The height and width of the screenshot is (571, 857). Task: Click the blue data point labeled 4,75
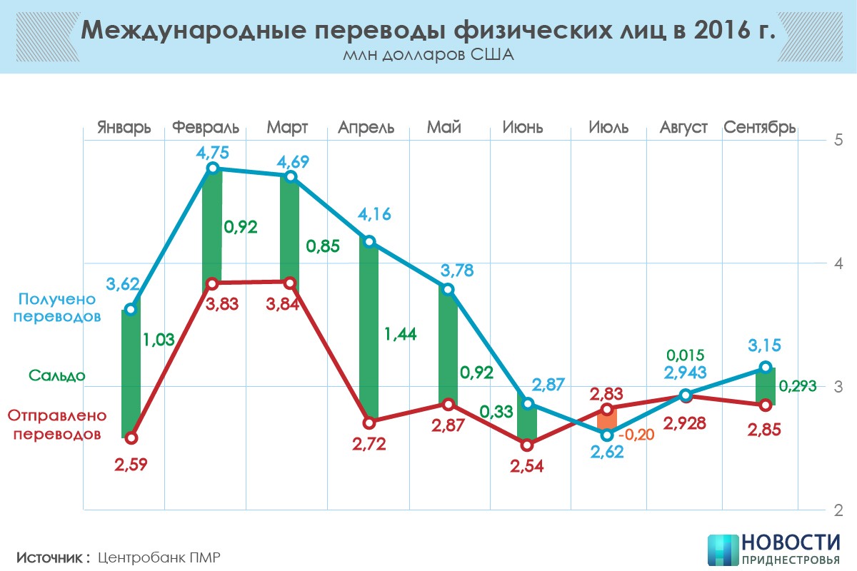pos(212,168)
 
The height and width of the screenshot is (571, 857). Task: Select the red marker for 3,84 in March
pos(290,283)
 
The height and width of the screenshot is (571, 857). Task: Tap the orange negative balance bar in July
pos(607,421)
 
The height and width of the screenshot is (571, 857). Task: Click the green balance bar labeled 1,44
pos(369,332)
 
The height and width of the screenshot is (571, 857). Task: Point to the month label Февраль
pos(206,128)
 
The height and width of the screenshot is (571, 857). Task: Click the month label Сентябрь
pos(760,128)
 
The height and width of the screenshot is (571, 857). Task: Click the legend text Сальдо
pos(57,375)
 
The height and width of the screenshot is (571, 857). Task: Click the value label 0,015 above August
pos(686,355)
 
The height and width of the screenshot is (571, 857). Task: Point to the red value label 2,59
pos(131,465)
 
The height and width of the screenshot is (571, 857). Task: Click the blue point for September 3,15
pos(765,368)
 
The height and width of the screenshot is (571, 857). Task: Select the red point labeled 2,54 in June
pos(527,445)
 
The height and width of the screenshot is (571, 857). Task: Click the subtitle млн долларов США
pos(428,55)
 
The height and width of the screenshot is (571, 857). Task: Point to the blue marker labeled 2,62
pos(607,435)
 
